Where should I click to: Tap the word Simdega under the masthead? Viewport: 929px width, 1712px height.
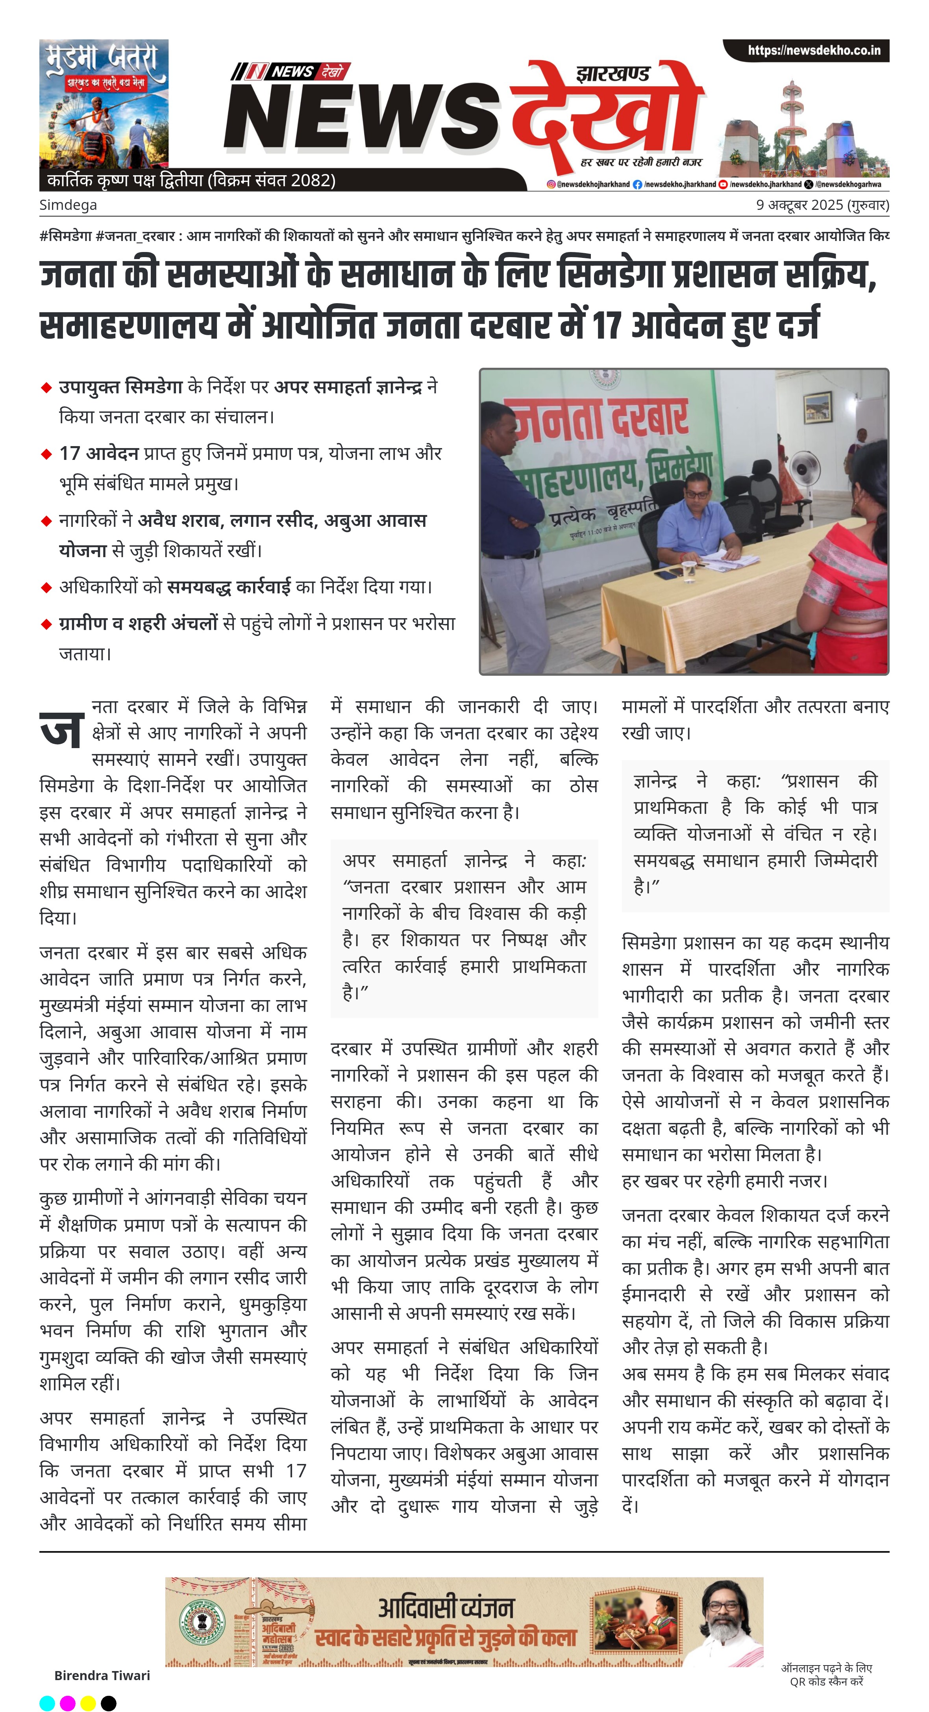[x=68, y=205]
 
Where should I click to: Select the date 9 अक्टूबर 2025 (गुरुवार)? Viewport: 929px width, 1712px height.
[x=822, y=205]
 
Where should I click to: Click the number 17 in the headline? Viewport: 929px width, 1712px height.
[x=605, y=325]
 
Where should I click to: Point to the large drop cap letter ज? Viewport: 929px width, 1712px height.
[x=62, y=729]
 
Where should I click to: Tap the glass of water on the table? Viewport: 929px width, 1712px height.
[x=689, y=570]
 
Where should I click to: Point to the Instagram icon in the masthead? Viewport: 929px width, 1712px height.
[x=551, y=184]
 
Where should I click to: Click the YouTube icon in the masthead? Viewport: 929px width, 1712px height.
[x=723, y=184]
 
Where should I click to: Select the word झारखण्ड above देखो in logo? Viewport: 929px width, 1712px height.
[x=613, y=74]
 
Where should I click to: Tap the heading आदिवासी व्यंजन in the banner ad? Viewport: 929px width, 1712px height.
[x=446, y=1608]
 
